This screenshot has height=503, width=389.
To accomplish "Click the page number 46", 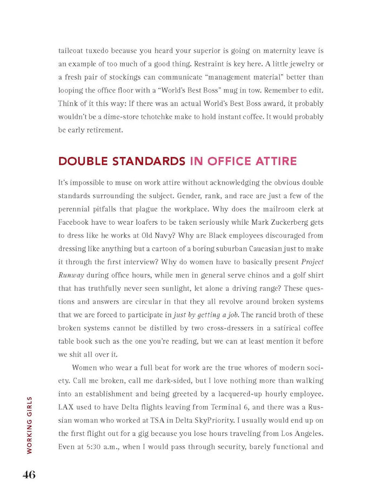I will point(28,475).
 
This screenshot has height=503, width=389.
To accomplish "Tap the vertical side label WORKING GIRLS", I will point(29,425).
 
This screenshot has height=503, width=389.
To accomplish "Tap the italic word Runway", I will point(71,275).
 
